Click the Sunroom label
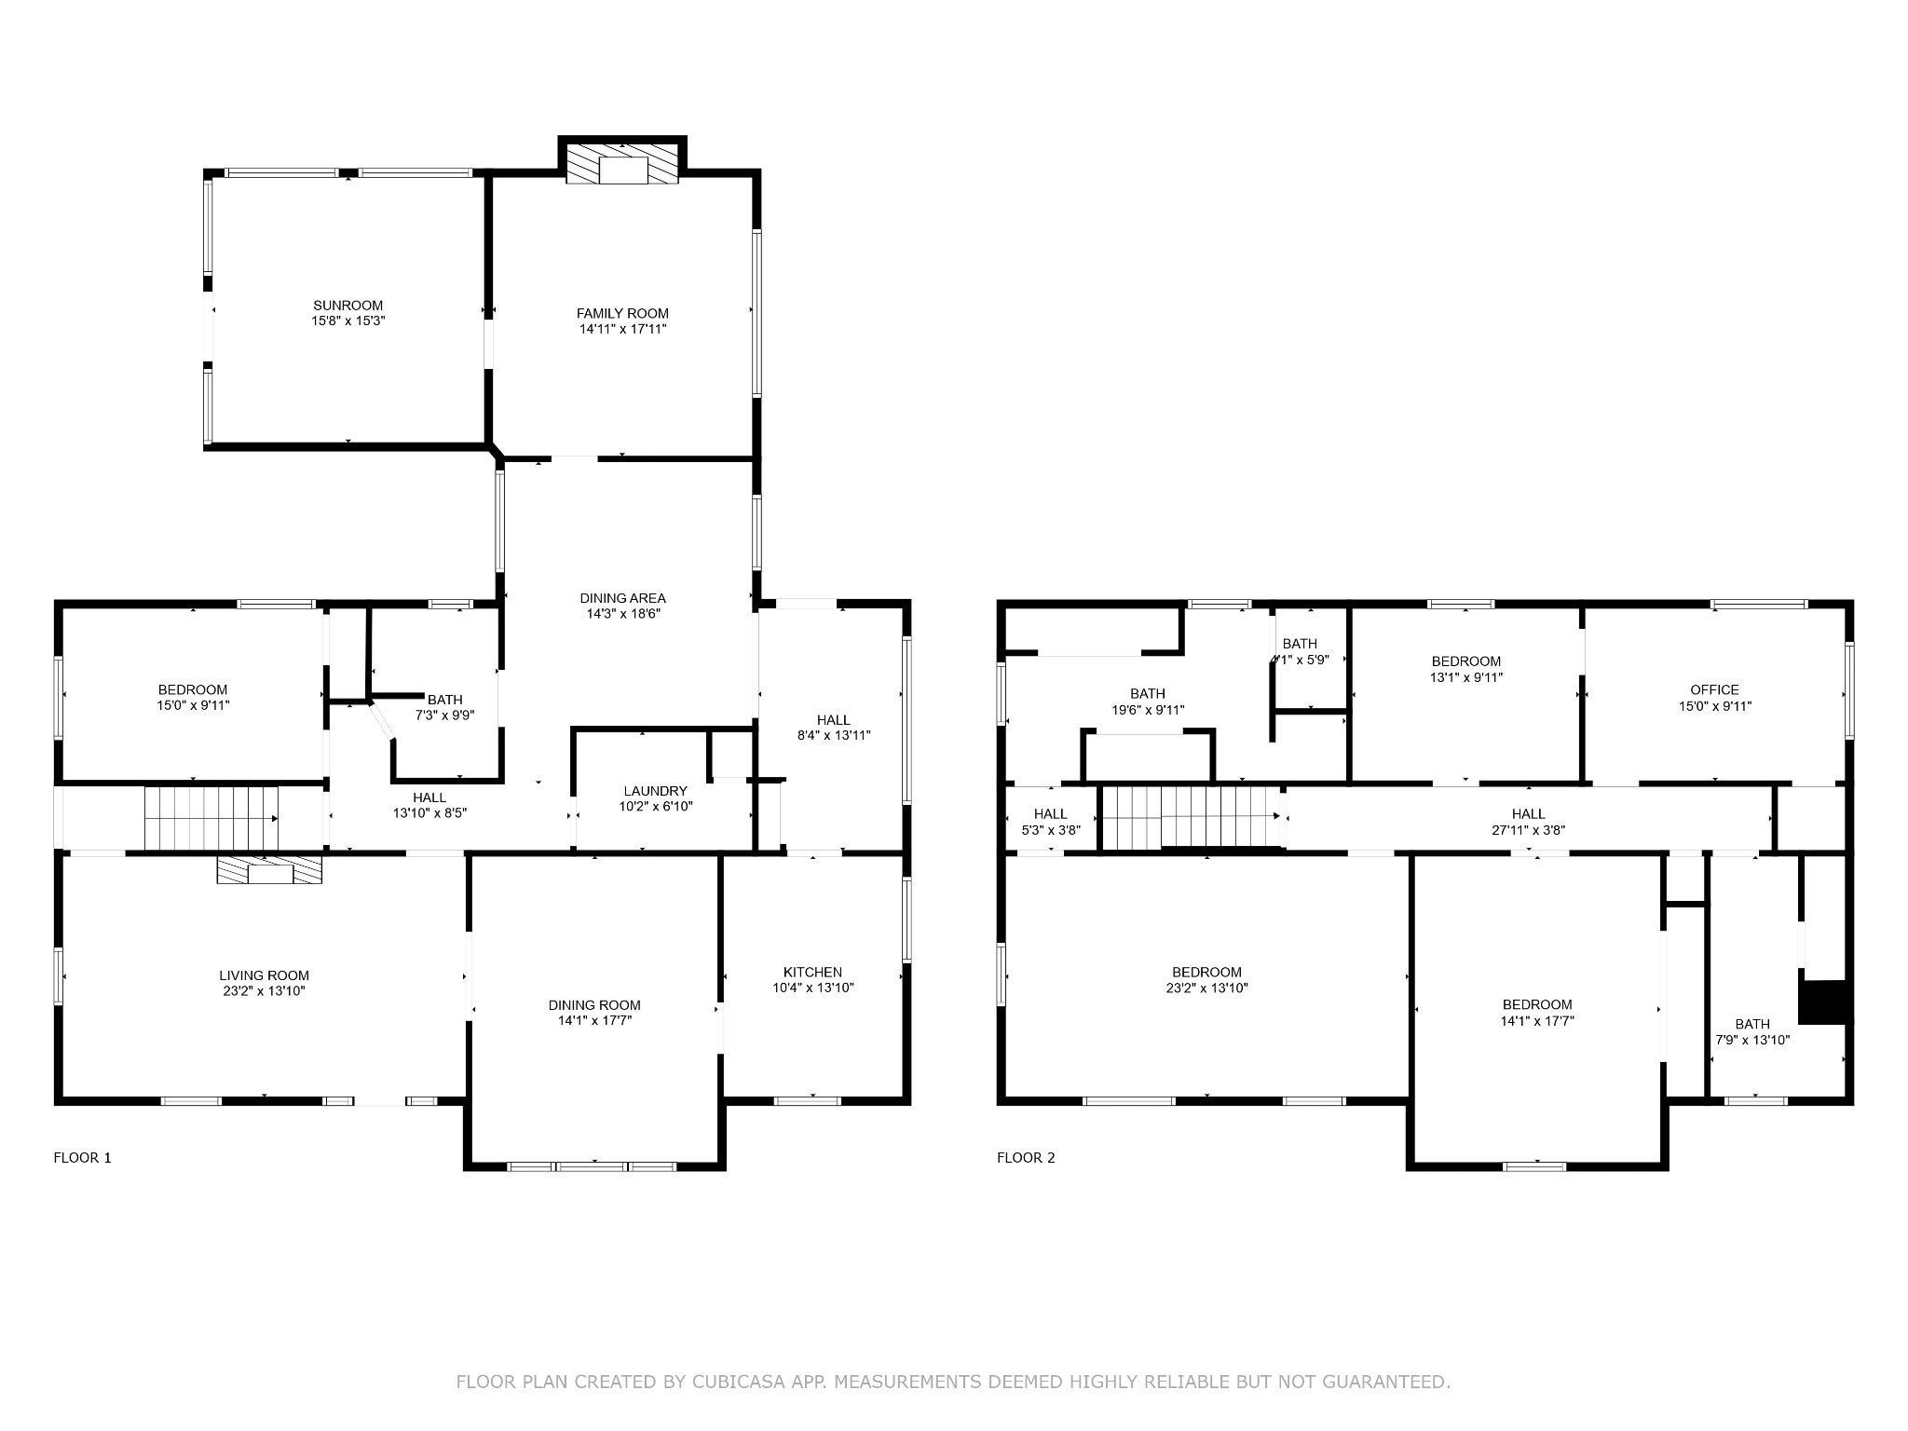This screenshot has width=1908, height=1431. [x=348, y=306]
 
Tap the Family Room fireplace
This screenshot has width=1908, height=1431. [x=622, y=166]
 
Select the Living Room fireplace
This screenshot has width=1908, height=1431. [x=269, y=870]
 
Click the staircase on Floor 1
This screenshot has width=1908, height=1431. [x=211, y=818]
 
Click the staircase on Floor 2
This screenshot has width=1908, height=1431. [x=1192, y=816]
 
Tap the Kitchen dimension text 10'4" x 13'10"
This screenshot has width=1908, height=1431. [x=812, y=988]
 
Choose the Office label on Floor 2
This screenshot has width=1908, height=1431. [x=1714, y=690]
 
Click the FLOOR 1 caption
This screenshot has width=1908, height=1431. [x=83, y=1158]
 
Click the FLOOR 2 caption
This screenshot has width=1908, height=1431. [x=1026, y=1158]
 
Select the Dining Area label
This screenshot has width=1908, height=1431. [x=622, y=598]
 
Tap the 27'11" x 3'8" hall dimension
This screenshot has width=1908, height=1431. [x=1528, y=829]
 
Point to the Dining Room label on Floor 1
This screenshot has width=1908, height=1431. [x=594, y=1005]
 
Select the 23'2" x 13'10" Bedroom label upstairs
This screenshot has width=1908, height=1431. [x=1206, y=973]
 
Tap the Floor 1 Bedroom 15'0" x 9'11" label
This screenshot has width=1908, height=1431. [x=193, y=690]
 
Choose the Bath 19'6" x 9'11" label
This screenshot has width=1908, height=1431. [x=1147, y=694]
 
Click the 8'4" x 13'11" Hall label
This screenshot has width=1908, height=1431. [x=833, y=720]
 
